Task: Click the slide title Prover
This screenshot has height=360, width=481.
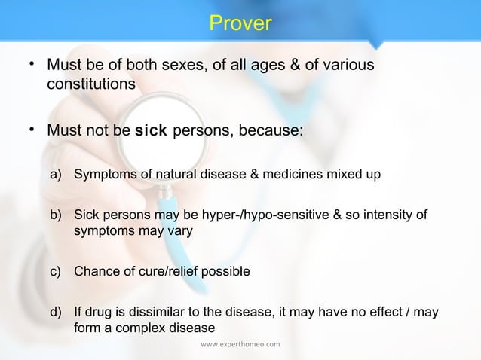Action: [240, 24]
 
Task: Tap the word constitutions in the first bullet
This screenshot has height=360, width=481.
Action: [91, 84]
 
